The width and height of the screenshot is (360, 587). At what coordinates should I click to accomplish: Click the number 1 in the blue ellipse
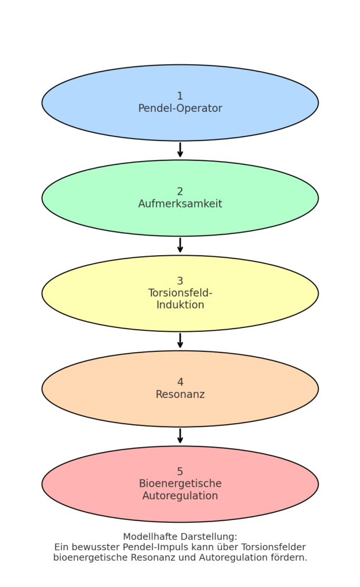[180, 96]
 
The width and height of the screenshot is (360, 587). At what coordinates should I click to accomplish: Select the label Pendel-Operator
[180, 108]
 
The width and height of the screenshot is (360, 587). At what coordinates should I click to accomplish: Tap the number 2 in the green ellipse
[180, 191]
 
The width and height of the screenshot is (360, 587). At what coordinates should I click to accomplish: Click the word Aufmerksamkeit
[180, 204]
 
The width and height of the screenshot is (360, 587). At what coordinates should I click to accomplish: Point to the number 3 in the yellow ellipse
[180, 281]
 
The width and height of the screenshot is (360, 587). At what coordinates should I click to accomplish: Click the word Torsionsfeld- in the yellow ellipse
[180, 293]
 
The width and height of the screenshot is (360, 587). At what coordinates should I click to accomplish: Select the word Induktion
[180, 305]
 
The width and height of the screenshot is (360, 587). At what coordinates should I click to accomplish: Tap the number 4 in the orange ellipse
[180, 382]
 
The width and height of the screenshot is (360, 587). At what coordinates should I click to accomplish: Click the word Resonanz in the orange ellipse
[180, 394]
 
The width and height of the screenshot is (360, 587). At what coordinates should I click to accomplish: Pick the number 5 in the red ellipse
[180, 472]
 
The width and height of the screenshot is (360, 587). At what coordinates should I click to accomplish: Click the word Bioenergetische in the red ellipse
[180, 484]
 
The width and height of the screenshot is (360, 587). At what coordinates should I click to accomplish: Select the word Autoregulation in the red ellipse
[180, 496]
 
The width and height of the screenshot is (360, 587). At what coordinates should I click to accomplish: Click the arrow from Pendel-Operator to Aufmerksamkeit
[180, 150]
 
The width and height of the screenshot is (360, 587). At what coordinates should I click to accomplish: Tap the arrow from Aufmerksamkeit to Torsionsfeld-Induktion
[180, 245]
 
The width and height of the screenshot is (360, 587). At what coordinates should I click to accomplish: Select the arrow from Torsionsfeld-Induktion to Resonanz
[180, 341]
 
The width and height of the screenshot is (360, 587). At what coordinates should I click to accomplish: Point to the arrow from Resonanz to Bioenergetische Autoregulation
[180, 436]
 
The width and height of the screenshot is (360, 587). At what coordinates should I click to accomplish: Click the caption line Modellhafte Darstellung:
[180, 537]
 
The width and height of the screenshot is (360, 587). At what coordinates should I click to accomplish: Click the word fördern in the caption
[288, 558]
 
